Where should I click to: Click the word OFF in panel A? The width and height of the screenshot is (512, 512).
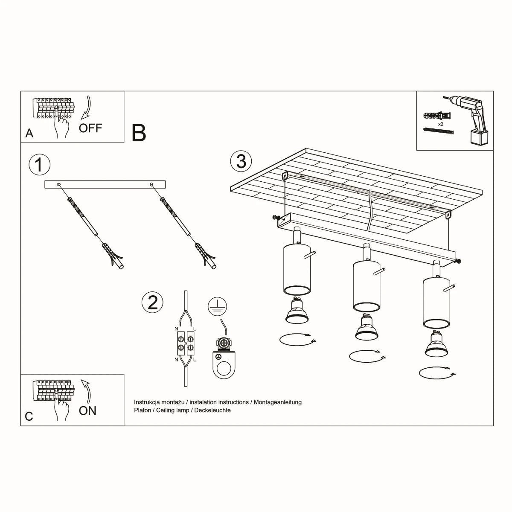coord(90,128)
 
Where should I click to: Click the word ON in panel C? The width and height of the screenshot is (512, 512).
coord(87,410)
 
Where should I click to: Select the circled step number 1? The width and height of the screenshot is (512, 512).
coord(39,164)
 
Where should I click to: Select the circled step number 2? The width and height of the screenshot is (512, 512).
coord(152,302)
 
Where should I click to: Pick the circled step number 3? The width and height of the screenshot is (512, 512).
coord(241,162)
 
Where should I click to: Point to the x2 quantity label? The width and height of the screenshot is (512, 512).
coord(441,124)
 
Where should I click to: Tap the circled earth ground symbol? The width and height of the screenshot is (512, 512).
coord(218,307)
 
